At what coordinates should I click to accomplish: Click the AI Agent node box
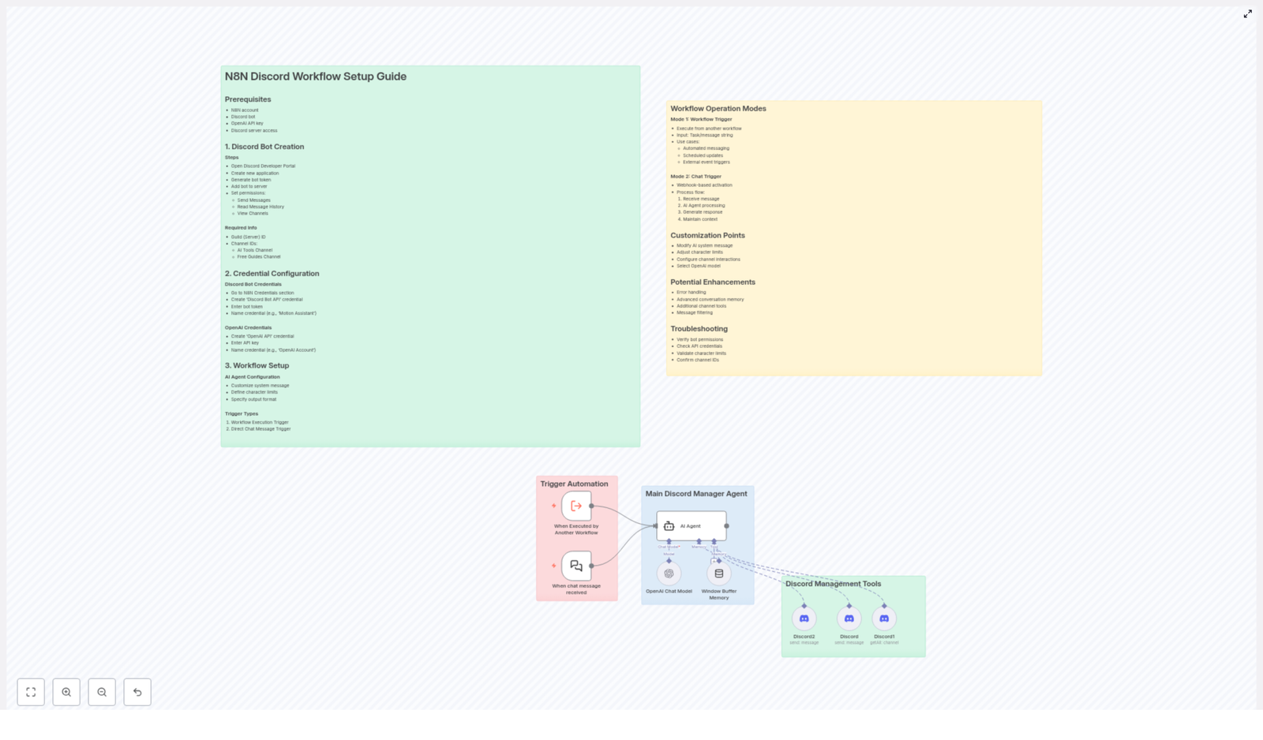(x=691, y=525)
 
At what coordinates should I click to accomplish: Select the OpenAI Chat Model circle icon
(x=669, y=574)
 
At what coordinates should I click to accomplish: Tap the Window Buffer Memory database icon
(x=718, y=574)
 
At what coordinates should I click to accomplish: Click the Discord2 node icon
(x=804, y=619)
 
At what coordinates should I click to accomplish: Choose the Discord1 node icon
(x=884, y=619)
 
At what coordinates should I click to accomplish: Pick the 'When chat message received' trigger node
(x=576, y=566)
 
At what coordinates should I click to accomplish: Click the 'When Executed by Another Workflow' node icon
(x=576, y=506)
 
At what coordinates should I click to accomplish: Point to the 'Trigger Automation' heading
(x=574, y=484)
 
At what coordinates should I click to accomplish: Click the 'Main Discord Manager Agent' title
(x=695, y=494)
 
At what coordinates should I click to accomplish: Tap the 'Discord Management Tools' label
(x=833, y=584)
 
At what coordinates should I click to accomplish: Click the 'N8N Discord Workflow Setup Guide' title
(x=315, y=77)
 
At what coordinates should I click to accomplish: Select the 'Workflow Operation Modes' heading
(x=718, y=109)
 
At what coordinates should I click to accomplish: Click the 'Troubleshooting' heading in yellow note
(x=699, y=329)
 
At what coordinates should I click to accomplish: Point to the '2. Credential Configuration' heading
(x=272, y=274)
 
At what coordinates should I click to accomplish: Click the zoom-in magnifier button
(x=66, y=692)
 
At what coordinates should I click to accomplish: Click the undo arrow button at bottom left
(x=137, y=692)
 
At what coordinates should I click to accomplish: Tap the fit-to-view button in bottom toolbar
(x=31, y=692)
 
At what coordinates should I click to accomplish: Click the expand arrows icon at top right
(x=1247, y=13)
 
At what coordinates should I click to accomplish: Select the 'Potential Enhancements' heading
(x=712, y=282)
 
